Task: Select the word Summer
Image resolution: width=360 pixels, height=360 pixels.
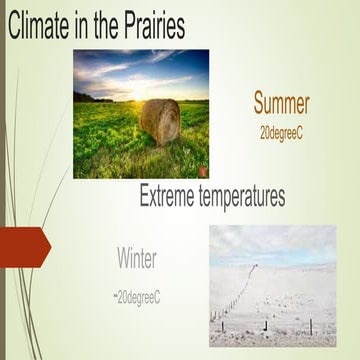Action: [x=281, y=103]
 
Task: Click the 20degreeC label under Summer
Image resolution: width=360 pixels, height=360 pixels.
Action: [x=281, y=131]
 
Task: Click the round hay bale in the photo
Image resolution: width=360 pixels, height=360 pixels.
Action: [x=160, y=119]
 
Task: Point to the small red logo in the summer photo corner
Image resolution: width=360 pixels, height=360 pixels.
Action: [x=201, y=170]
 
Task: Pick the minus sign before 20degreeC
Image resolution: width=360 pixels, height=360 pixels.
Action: [x=115, y=296]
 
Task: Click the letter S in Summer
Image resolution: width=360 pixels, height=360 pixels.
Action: [x=260, y=103]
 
